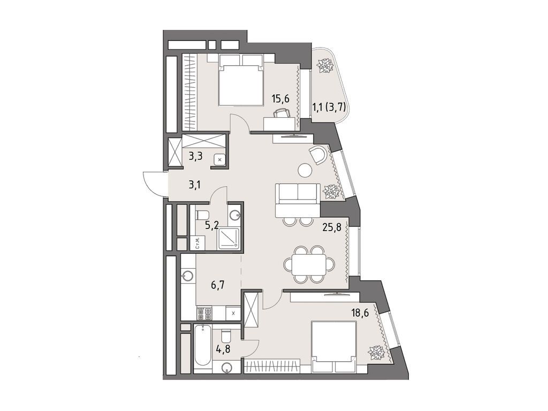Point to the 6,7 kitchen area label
[x=217, y=285]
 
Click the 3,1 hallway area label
[x=196, y=185]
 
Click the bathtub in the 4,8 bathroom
[x=202, y=347]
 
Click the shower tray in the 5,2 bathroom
[x=228, y=237]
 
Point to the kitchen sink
[x=187, y=276]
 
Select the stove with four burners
[x=204, y=313]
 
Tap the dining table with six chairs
[x=305, y=264]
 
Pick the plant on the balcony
[x=324, y=66]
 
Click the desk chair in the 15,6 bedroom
[x=282, y=112]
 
